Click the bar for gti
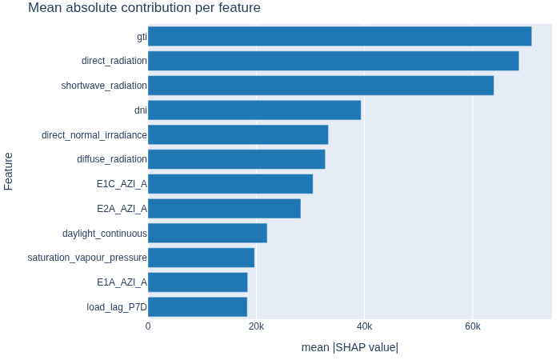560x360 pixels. point(340,36)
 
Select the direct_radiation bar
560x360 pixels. point(334,61)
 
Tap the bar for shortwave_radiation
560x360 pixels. point(321,86)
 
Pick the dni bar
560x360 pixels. point(254,110)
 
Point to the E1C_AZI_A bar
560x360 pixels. point(230,184)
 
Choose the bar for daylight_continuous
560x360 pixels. point(207,233)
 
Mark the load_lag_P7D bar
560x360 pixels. point(198,306)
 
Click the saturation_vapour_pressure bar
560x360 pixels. point(201,258)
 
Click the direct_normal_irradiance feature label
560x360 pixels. point(94,135)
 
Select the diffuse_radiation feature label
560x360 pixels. point(112,159)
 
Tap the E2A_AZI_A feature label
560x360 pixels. point(122,209)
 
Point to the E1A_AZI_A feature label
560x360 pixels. point(122,282)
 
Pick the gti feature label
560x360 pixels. point(142,37)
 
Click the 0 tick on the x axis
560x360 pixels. point(148,326)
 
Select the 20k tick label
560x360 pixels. point(257,326)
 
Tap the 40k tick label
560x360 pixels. point(364,326)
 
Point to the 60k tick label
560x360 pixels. point(473,326)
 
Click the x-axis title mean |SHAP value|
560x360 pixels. point(350,347)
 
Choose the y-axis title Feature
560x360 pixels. point(8,171)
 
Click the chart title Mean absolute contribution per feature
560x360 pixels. point(144,7)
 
